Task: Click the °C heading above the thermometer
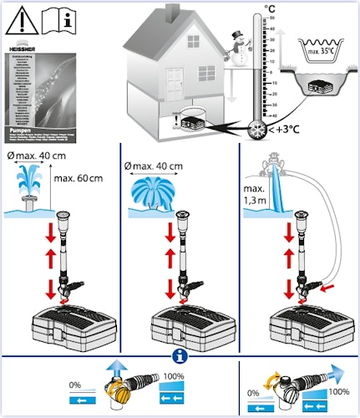click(x=269, y=9)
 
